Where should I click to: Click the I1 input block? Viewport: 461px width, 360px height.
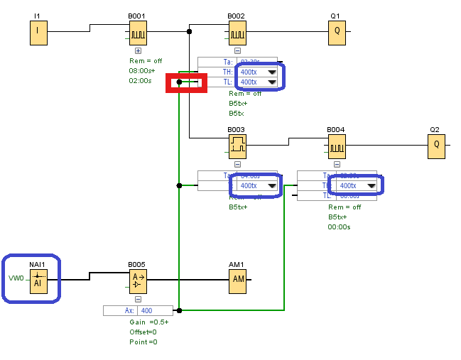[38, 32]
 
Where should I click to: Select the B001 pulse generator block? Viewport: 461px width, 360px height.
[138, 32]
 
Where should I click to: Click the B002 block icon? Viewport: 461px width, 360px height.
[237, 32]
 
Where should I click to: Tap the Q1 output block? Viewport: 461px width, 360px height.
[337, 32]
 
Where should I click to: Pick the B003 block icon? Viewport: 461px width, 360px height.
[237, 146]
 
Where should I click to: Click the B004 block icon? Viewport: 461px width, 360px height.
[337, 146]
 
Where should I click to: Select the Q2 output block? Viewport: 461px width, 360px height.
[436, 146]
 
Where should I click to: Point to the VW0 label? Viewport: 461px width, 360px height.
[16, 278]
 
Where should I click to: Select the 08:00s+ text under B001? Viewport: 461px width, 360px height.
[141, 71]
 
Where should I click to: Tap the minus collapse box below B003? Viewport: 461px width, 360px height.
[237, 164]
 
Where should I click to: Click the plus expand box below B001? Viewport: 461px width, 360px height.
[138, 50]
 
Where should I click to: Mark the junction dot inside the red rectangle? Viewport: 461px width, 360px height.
[179, 82]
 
